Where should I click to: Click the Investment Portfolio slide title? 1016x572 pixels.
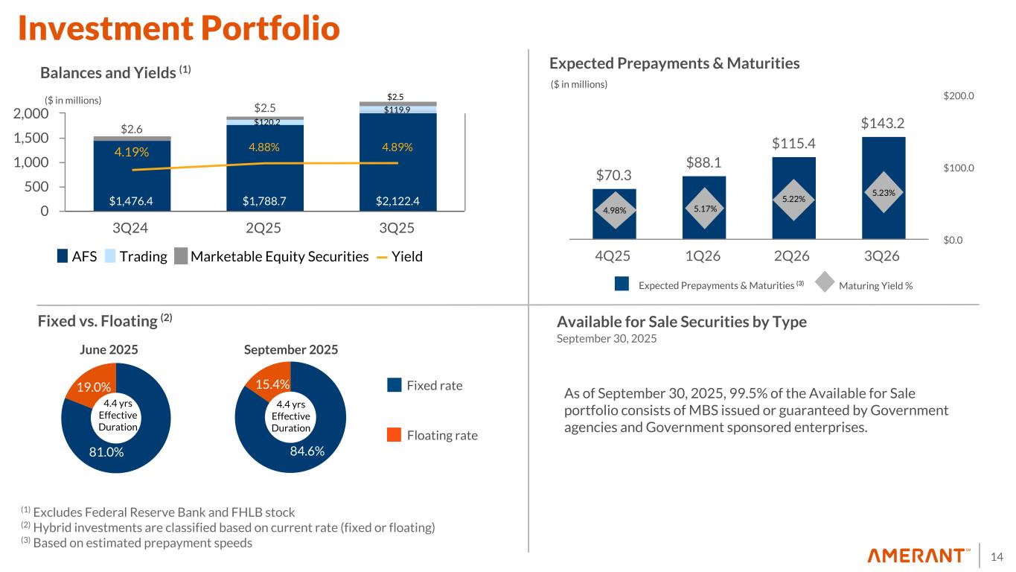[179, 28]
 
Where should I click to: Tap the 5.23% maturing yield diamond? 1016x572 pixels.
[884, 191]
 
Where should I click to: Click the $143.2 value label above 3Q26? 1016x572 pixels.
[884, 122]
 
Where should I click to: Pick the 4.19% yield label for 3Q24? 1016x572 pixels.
[131, 153]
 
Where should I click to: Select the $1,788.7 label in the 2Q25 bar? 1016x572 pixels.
[265, 200]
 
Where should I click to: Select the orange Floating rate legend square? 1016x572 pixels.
[394, 435]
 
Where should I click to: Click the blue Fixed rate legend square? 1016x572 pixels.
[394, 385]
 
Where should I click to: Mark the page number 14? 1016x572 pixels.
[997, 556]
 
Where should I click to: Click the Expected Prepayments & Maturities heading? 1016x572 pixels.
[674, 64]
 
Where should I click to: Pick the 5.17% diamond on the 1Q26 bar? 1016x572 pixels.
[704, 209]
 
